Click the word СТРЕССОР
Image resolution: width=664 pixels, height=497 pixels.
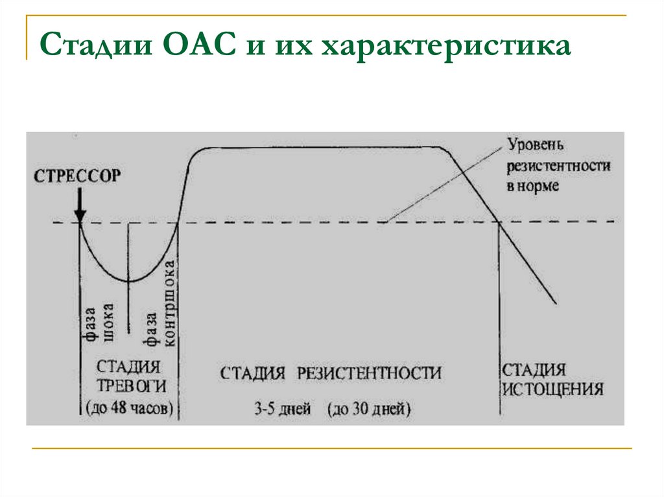pyautogui.click(x=77, y=176)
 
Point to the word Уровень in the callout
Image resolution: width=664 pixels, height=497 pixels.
pyautogui.click(x=538, y=143)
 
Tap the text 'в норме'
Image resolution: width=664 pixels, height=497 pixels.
pyautogui.click(x=532, y=187)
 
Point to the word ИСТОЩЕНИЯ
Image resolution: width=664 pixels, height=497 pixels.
pyautogui.click(x=553, y=389)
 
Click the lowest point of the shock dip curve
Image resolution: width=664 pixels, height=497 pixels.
pyautogui.click(x=128, y=281)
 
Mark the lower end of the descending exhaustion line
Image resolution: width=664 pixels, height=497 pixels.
pyautogui.click(x=556, y=303)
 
